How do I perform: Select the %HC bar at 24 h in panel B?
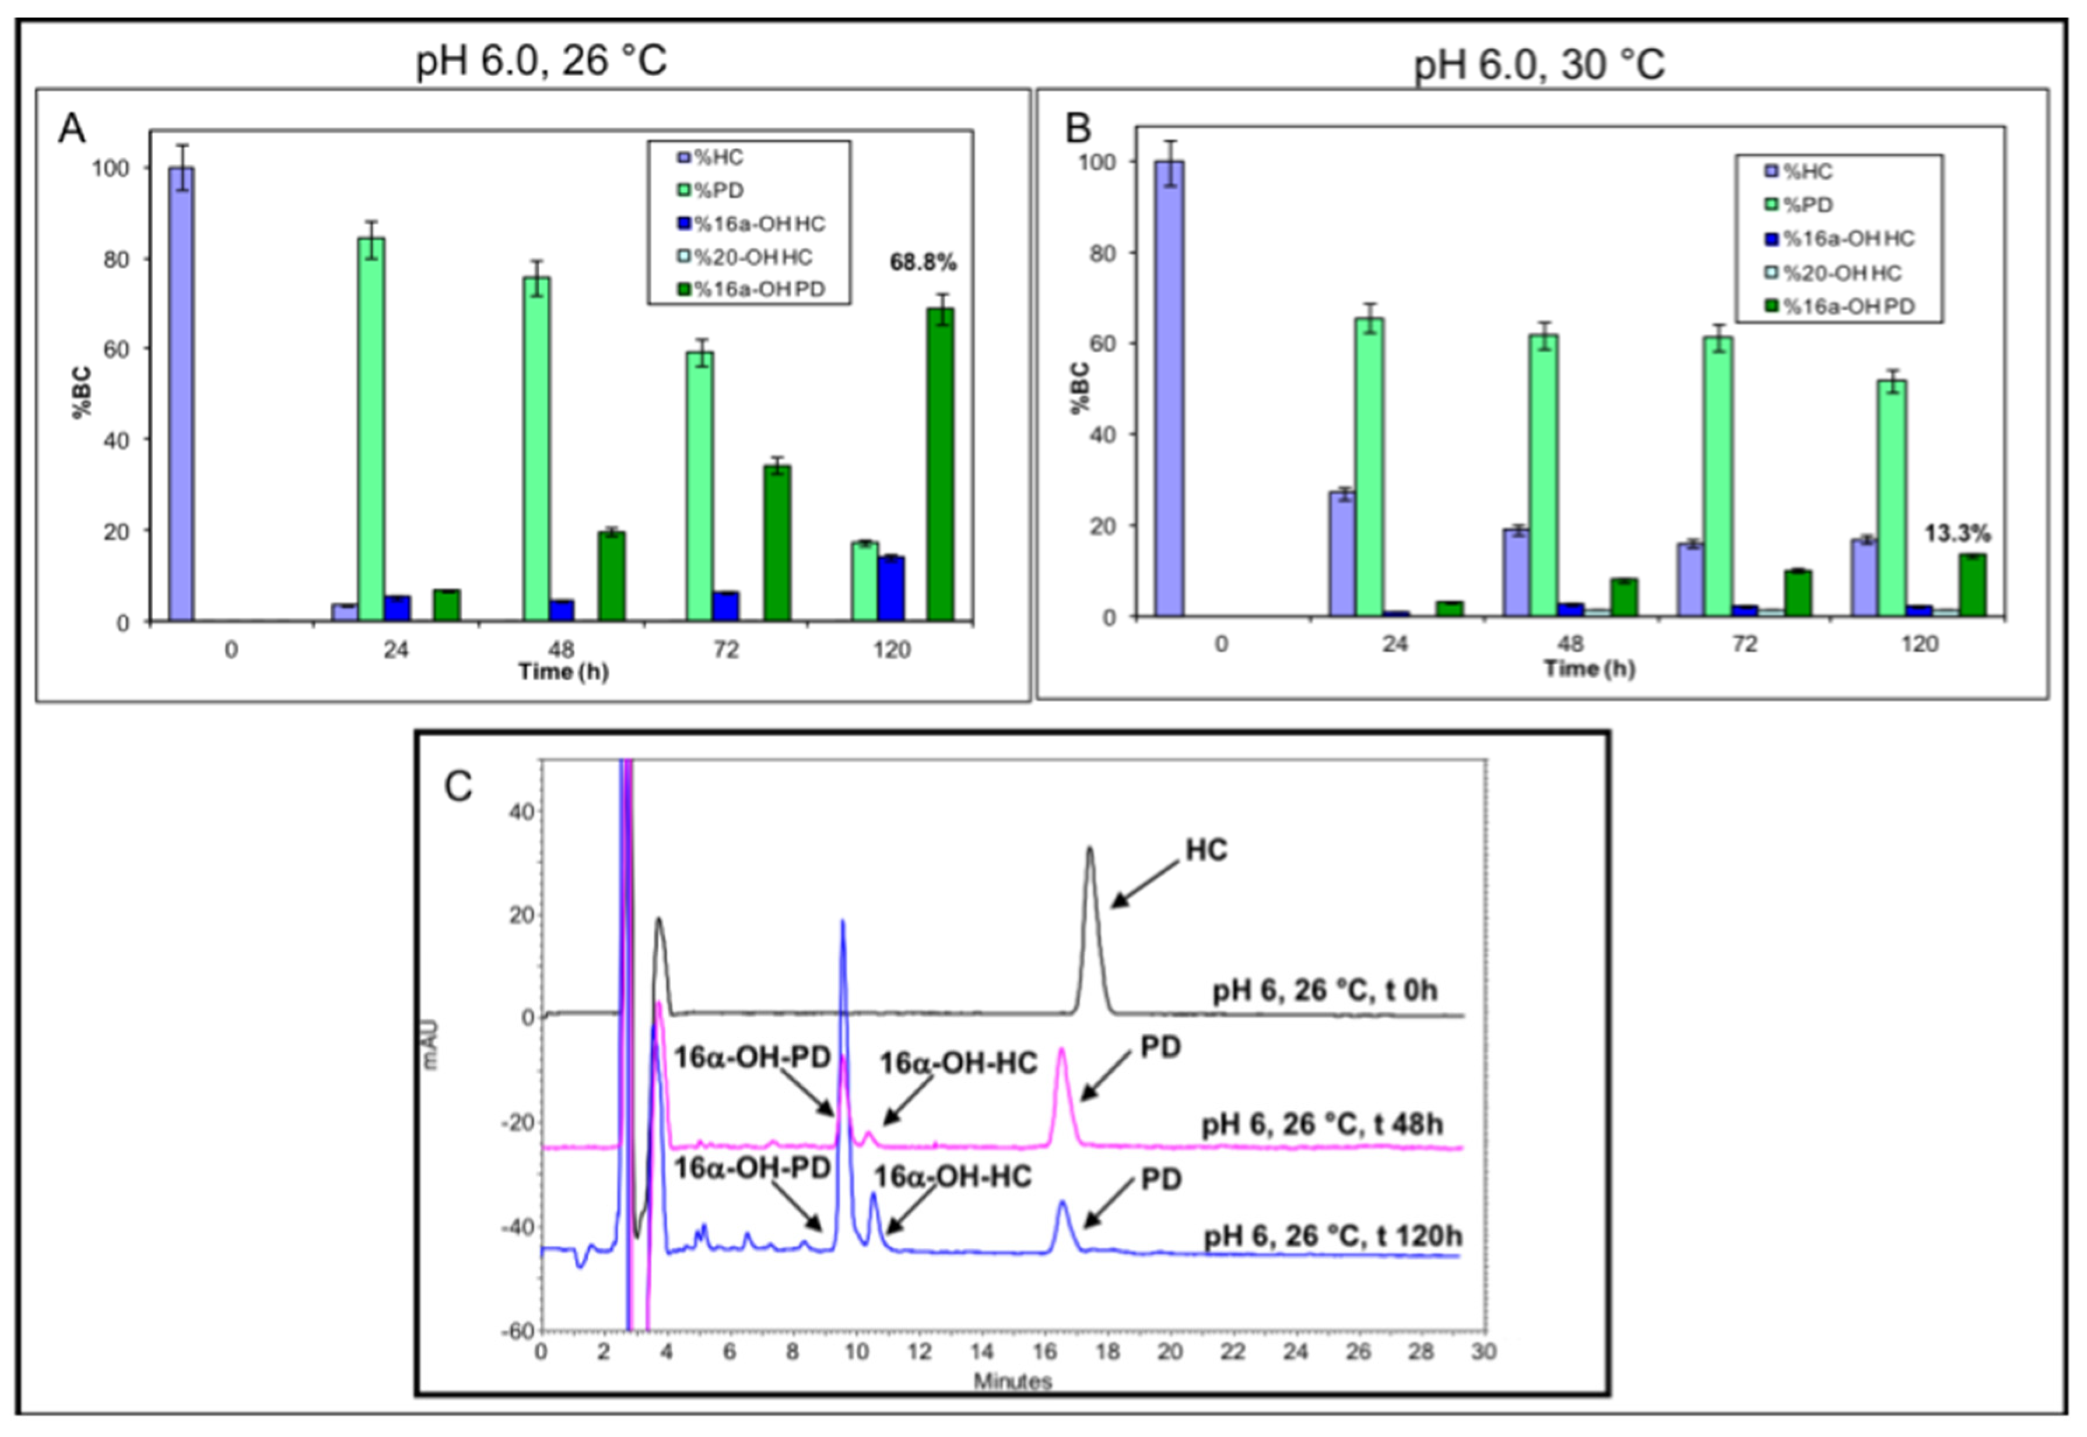[x=1342, y=554]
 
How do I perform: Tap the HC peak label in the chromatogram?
[x=1206, y=851]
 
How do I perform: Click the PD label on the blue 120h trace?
[x=1161, y=1181]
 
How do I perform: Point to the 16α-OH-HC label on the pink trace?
[x=959, y=1063]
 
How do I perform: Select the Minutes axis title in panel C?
[x=1012, y=1381]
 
